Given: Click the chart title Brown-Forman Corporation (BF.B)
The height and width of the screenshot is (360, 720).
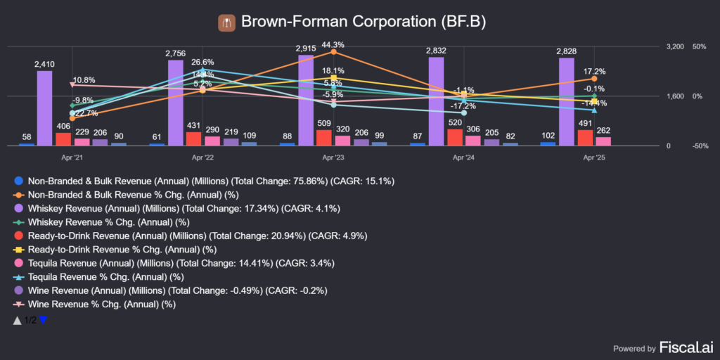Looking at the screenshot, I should coord(363,22).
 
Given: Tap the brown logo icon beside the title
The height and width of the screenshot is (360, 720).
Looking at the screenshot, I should coord(226,22).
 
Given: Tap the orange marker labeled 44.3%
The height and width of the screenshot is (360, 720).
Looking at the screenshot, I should coord(333,52).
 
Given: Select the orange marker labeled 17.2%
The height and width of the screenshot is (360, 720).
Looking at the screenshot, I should coord(595,79).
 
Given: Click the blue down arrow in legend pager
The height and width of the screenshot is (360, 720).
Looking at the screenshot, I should coord(43,320).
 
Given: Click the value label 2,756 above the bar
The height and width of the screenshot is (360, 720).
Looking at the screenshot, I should coord(176,53).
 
